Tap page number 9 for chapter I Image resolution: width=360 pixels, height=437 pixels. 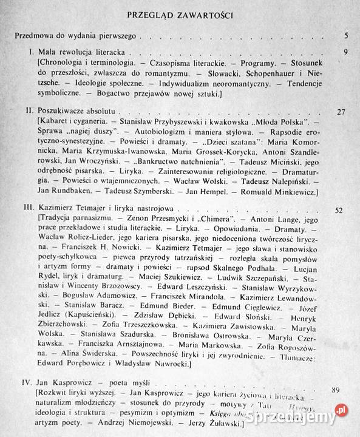pos(344,52)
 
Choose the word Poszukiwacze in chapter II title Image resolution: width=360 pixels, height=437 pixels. pos(65,113)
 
